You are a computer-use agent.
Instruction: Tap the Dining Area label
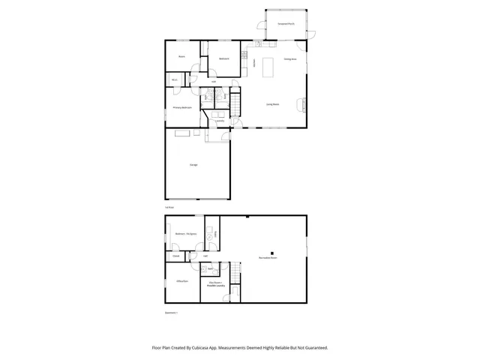[289, 58]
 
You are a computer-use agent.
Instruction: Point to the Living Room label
[272, 104]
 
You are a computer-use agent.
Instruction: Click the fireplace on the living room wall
[304, 104]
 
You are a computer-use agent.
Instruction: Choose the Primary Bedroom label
[182, 107]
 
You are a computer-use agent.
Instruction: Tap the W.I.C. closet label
[174, 79]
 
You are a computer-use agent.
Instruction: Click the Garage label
[193, 164]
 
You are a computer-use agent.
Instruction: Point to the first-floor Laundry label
[220, 120]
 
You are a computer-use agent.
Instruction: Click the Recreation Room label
[268, 257]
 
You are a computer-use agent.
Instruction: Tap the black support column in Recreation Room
[273, 252]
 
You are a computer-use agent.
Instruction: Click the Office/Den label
[182, 281]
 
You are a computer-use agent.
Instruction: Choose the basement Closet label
[176, 256]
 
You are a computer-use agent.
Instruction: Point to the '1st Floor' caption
[169, 207]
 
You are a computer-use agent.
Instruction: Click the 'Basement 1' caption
[172, 312]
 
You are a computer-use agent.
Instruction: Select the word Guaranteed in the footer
[314, 348]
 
